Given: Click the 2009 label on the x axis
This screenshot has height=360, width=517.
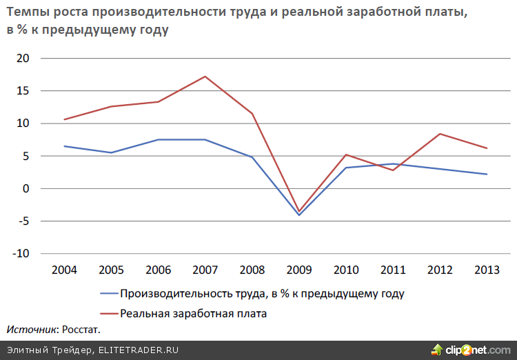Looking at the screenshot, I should (298, 270).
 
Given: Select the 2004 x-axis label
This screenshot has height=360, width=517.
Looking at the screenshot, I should (64, 270).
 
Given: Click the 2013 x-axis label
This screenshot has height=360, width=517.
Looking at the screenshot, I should (486, 270).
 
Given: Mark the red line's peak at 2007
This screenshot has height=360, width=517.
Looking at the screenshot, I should (205, 77).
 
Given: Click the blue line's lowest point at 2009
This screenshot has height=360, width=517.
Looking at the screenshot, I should (298, 215).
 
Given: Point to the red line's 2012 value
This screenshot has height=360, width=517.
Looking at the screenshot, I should (439, 134).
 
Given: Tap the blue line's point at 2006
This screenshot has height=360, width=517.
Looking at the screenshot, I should (158, 140).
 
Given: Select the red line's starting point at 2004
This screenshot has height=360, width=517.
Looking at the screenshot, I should (64, 119).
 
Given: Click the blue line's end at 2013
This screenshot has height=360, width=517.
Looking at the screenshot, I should (486, 174).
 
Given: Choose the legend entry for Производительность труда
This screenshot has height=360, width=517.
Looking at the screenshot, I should (261, 294).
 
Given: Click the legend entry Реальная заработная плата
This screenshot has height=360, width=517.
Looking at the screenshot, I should (193, 314).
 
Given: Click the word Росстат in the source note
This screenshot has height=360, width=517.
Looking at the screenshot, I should (80, 330).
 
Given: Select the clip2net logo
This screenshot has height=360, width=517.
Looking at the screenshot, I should (469, 350).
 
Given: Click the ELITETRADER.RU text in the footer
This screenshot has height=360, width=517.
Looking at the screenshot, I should (138, 350).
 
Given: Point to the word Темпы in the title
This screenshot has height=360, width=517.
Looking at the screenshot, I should (27, 14).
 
